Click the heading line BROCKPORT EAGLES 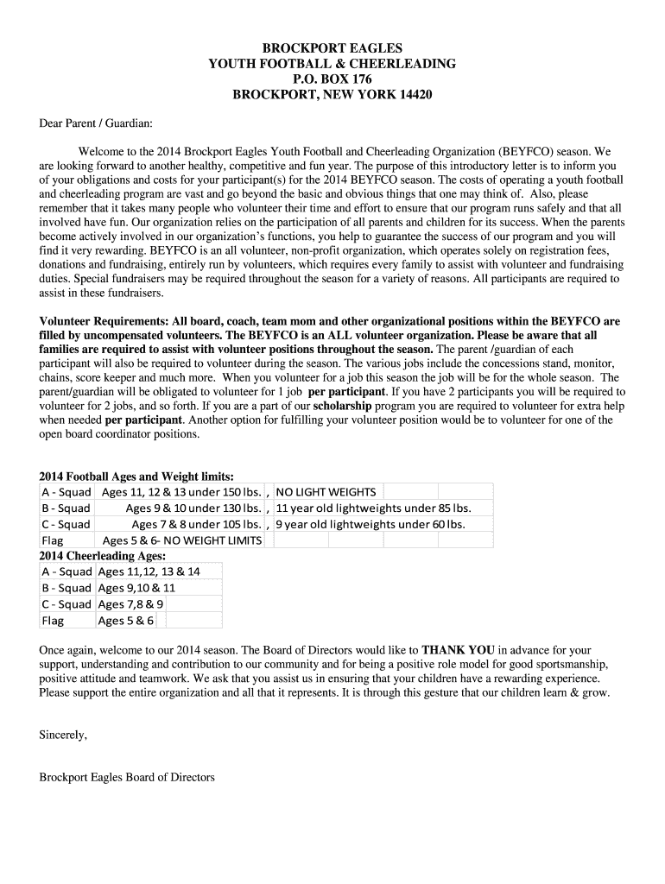332,48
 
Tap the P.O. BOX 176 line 332,79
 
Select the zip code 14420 412,95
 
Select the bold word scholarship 342,405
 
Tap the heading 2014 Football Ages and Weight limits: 136,477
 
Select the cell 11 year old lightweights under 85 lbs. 373,508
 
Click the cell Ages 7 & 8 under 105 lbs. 196,524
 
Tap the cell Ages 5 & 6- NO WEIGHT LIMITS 181,540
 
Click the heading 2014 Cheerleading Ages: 103,556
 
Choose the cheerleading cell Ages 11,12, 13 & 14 149,571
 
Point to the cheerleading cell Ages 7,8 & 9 131,604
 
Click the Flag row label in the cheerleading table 53,621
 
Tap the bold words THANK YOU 458,650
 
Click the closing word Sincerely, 64,736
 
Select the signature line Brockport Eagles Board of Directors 127,777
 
